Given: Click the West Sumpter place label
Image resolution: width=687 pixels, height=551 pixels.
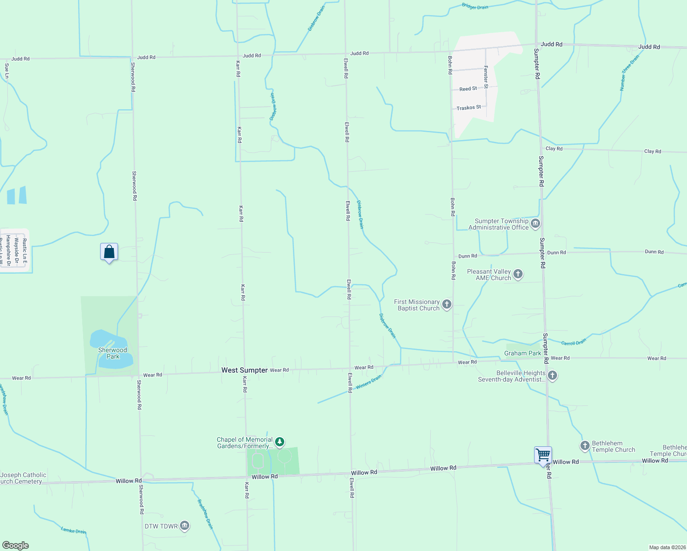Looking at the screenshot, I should [x=244, y=370].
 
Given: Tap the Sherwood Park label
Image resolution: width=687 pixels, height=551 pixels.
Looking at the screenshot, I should [x=113, y=353].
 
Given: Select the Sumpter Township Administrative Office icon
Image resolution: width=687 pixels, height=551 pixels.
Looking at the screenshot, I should [x=535, y=224].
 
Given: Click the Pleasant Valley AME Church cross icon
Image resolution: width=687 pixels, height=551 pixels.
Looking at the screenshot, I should [x=518, y=275].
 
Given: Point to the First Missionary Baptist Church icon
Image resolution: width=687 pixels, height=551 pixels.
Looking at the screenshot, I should [x=447, y=304].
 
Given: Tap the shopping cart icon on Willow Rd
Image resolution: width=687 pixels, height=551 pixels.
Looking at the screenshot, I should [x=543, y=455].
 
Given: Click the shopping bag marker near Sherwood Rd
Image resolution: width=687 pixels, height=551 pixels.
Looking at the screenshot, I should [x=109, y=252].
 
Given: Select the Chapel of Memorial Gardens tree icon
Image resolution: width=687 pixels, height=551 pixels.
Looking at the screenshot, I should [x=279, y=443].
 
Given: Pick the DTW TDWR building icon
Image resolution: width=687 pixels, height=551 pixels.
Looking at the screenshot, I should [x=185, y=526].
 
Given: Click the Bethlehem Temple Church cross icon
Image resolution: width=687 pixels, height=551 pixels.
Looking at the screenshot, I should [x=585, y=445].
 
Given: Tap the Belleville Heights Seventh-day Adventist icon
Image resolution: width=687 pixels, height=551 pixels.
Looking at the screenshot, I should [x=552, y=376].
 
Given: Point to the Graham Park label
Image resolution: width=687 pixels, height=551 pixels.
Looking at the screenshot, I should [x=523, y=353].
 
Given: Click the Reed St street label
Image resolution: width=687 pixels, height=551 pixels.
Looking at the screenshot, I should [x=468, y=89].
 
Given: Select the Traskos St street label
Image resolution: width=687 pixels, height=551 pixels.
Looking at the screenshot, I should [x=468, y=108].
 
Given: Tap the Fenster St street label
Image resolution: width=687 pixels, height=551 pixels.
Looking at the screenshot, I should [x=485, y=77].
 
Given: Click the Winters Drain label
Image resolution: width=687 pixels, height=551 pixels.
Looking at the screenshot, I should [x=368, y=382].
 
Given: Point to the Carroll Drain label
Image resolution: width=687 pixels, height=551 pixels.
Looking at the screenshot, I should [x=574, y=342].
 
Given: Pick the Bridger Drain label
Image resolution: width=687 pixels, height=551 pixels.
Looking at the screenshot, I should [x=475, y=7].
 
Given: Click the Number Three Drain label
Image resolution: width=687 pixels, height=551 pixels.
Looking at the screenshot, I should [x=629, y=73].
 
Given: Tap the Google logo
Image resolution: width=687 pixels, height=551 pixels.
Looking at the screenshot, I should [x=16, y=545].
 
